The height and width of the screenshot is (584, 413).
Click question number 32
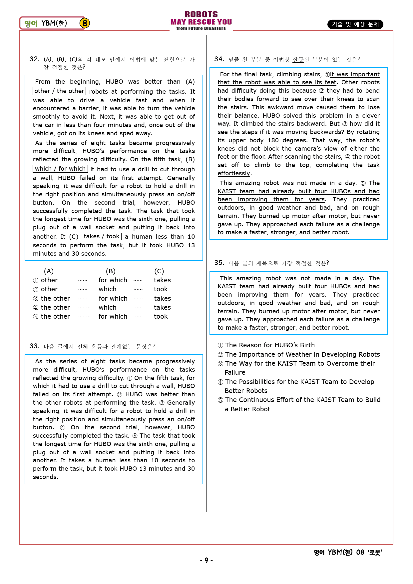coord(34,59)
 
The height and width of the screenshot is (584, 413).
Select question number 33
coord(34,346)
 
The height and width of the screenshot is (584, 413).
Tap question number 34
coord(219,59)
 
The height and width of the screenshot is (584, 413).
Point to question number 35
coord(219,263)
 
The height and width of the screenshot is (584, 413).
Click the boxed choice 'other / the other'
coord(59,91)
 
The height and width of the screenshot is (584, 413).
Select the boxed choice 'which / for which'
coord(60,169)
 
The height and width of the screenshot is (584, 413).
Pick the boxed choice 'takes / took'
coord(102,236)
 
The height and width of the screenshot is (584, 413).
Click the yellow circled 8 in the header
coord(85,23)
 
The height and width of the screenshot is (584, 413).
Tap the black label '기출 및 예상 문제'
coord(355,24)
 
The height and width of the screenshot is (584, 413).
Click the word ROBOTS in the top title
coord(201,14)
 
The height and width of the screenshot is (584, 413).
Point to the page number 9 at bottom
coord(206,560)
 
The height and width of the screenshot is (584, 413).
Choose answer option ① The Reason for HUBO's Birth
coord(266,345)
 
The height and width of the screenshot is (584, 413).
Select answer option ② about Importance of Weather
coord(299,355)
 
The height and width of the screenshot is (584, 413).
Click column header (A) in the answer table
coord(49,271)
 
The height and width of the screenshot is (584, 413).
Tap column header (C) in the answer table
coord(159,271)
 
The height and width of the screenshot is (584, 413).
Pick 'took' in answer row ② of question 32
coord(161,289)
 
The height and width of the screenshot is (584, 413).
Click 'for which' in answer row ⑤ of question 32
coord(113,317)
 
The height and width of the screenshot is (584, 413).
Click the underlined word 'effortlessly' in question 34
coord(233,173)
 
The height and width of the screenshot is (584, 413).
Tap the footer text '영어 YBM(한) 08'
coord(339,552)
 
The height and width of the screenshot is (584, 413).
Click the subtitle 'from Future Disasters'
coord(201,28)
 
